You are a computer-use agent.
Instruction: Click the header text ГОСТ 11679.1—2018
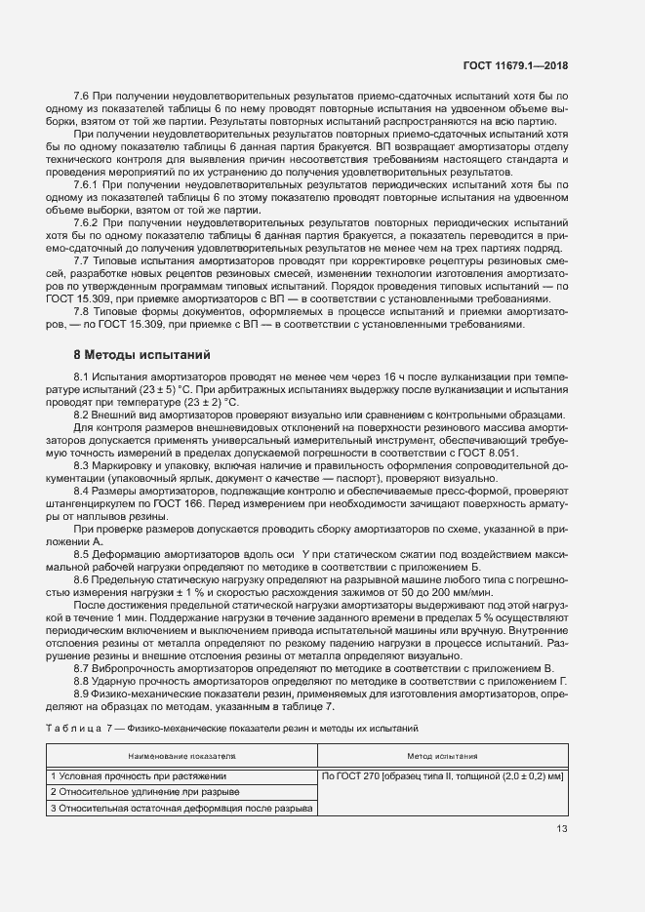click(x=518, y=65)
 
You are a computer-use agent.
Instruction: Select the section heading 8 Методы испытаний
click(x=137, y=352)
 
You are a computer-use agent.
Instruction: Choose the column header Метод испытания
click(x=442, y=756)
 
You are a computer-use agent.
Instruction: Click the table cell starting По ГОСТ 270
click(x=442, y=775)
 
